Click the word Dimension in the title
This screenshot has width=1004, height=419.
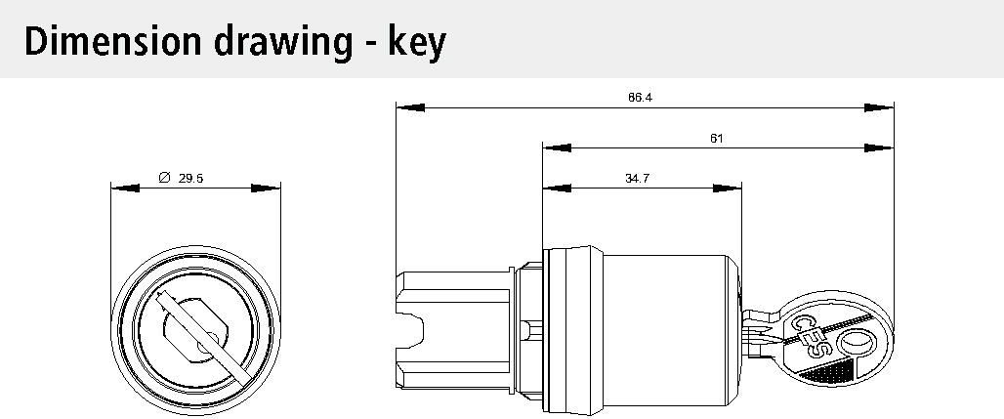coord(112,41)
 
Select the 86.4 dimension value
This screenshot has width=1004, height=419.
coord(640,98)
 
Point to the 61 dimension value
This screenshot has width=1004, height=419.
coord(717,138)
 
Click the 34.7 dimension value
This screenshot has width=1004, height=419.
coord(637,179)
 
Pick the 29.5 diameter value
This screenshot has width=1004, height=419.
coord(190,179)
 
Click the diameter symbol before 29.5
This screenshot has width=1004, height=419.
coord(164,178)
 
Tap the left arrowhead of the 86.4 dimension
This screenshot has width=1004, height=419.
coord(410,107)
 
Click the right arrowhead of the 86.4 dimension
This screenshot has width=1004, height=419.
coord(879,107)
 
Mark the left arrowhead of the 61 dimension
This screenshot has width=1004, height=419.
coord(557,148)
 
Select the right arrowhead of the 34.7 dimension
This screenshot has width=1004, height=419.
coord(727,189)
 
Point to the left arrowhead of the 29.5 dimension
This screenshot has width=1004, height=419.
coord(125,189)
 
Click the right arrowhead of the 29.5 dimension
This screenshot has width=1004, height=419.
coord(266,189)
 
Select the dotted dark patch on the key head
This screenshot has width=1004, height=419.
coord(829,372)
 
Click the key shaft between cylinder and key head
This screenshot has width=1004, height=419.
coord(762,332)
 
